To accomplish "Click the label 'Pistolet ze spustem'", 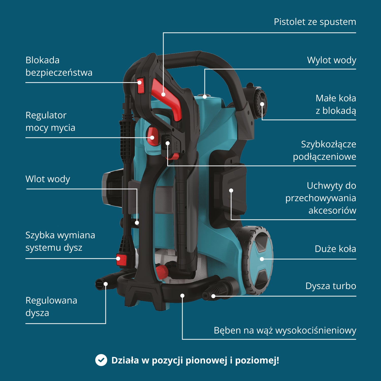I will point(315,22).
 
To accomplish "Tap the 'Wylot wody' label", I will point(331,60).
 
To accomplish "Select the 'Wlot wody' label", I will point(48,179).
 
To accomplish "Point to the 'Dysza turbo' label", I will point(331,286).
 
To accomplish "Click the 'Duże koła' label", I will point(335,249).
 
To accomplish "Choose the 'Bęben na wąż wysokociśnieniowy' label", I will point(285,330).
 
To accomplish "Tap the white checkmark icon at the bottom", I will point(101,360).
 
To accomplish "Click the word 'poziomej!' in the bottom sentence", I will point(257,360).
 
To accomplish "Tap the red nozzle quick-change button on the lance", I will point(121,260).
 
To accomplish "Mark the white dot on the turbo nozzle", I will point(213,296).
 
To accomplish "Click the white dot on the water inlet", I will point(137,223).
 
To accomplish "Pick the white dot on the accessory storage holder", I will point(231,190).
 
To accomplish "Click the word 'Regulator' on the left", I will point(46,116).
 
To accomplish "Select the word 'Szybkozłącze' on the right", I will point(328,144).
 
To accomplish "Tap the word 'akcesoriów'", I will point(332,211).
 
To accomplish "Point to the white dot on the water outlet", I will point(205,97).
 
